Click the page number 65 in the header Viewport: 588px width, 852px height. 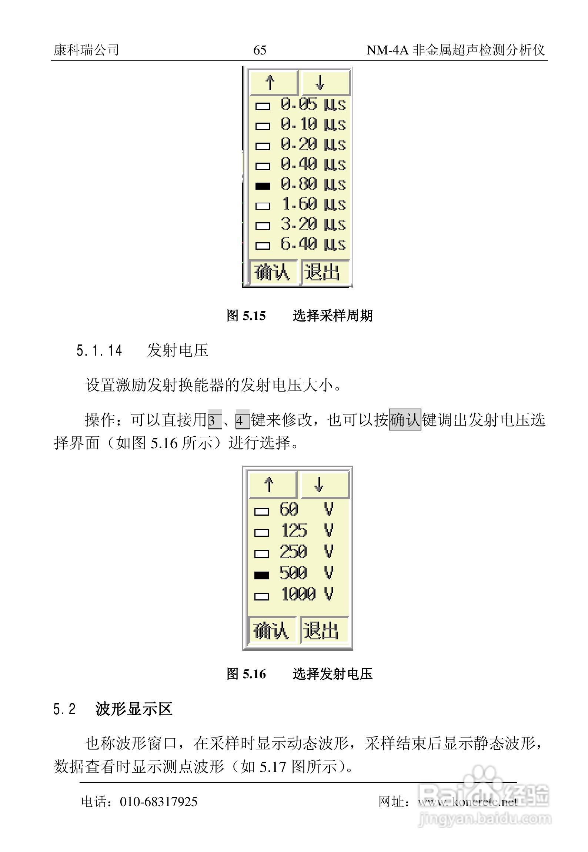[x=260, y=50]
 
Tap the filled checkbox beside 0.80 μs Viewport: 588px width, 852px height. [x=263, y=186]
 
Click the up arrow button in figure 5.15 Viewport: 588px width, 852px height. [x=273, y=83]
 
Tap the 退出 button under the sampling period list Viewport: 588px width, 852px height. [x=325, y=273]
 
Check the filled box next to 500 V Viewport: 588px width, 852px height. [x=261, y=575]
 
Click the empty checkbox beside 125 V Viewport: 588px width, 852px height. [x=261, y=533]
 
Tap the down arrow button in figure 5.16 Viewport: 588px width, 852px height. [x=324, y=485]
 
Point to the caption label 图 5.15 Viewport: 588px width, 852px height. [x=246, y=316]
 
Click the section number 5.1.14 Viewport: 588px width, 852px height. [x=99, y=350]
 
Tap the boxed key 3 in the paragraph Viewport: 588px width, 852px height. [x=214, y=421]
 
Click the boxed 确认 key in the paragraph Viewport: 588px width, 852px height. [x=405, y=420]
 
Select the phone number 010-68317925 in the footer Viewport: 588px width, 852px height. [x=158, y=802]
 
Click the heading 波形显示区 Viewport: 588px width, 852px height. [x=134, y=710]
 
